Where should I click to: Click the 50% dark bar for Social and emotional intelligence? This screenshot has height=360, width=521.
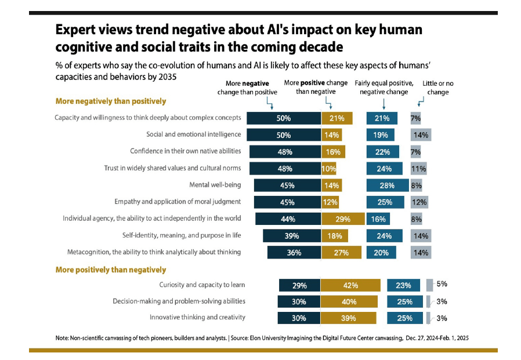pyautogui.click(x=284, y=135)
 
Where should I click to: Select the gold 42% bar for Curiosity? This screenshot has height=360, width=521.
pyautogui.click(x=350, y=285)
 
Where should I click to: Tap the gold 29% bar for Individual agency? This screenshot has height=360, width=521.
pyautogui.click(x=343, y=219)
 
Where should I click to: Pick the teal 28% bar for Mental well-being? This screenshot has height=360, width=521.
pyautogui.click(x=387, y=186)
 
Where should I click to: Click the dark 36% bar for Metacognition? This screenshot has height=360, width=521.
pyautogui.click(x=294, y=252)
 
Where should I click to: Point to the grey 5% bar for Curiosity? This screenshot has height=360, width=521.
pyautogui.click(x=429, y=285)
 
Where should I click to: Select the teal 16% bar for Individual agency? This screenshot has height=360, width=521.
pyautogui.click(x=378, y=219)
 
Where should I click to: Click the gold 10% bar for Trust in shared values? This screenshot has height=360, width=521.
pyautogui.click(x=328, y=169)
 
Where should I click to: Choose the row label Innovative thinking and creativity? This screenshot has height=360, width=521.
pyautogui.click(x=197, y=318)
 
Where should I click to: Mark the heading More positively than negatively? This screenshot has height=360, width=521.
pyautogui.click(x=110, y=270)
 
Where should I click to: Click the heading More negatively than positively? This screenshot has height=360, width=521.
pyautogui.click(x=110, y=101)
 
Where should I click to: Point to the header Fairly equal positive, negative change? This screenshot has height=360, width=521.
pyautogui.click(x=383, y=88)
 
